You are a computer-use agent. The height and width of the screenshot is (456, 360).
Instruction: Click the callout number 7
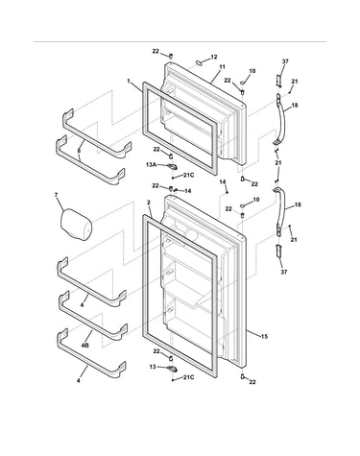point(56,195)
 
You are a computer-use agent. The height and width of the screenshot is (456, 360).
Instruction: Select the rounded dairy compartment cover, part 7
point(76,224)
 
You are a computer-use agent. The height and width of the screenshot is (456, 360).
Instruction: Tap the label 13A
point(151,164)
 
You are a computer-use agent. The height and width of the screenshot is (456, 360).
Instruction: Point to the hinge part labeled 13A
point(172,166)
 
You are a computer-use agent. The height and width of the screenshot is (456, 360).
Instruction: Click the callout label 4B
point(85,346)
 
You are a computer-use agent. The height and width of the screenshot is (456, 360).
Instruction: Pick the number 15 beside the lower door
point(264,336)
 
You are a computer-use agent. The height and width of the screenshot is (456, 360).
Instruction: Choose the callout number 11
point(222,67)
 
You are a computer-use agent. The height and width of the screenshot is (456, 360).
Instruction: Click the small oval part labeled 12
point(199,62)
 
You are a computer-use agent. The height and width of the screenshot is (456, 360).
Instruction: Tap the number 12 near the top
point(214,57)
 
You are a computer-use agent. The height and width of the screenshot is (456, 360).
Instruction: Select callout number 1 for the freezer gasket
point(129,82)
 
